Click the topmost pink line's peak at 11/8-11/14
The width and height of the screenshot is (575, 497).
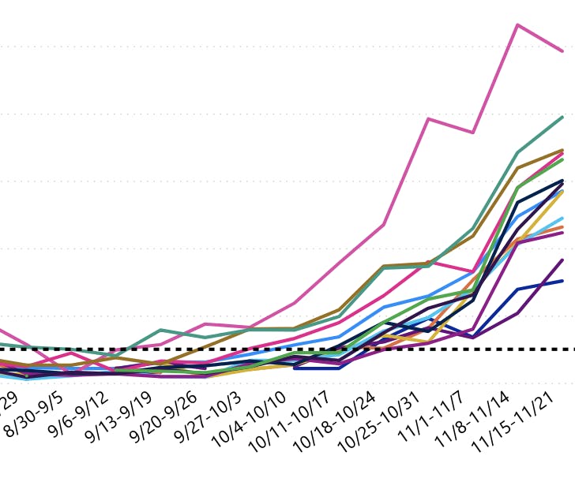[517, 25]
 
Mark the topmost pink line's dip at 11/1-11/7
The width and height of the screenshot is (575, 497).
[472, 133]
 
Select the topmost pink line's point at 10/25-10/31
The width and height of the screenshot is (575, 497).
[428, 119]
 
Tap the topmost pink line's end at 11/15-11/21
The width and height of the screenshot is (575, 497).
[562, 51]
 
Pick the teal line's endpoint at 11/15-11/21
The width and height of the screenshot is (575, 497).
[562, 118]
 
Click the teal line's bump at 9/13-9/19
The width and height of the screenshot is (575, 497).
[160, 330]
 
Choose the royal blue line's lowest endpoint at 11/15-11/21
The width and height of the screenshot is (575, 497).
[562, 281]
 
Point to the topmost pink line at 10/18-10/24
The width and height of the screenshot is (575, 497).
[384, 225]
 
